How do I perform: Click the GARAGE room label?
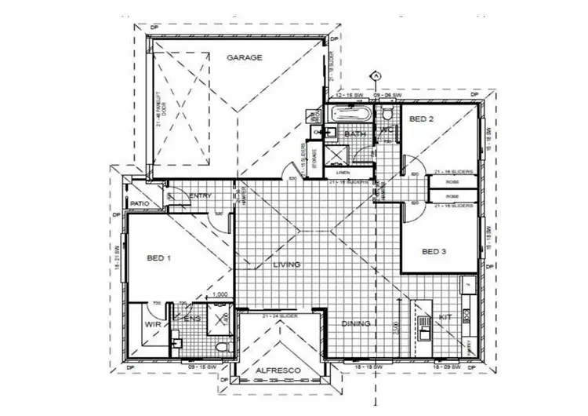click(x=245, y=58)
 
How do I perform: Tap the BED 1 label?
click(x=160, y=257)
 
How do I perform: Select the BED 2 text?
click(x=422, y=119)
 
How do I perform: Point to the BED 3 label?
click(x=434, y=252)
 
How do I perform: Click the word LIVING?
click(x=287, y=265)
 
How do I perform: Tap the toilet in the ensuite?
click(x=221, y=346)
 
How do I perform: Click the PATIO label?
click(x=140, y=204)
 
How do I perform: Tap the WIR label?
click(x=152, y=323)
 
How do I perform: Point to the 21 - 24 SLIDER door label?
click(x=280, y=315)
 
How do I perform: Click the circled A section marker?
click(x=376, y=75)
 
